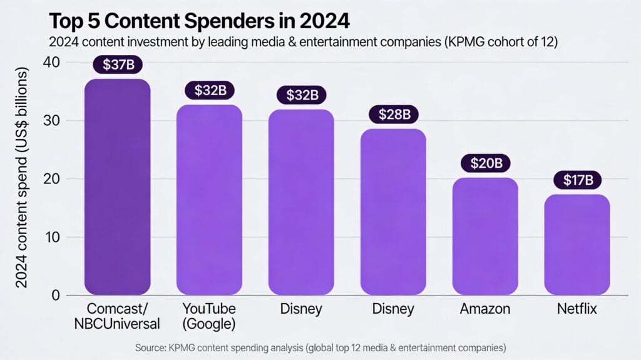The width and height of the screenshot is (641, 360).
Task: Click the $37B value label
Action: pos(117,64)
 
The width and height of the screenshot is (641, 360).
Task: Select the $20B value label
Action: pos(485,163)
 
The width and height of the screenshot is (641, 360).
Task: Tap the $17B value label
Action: pos(577,180)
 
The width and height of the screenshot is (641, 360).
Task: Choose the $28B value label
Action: pos(393,114)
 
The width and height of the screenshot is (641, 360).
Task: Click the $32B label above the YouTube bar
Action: pos(209,90)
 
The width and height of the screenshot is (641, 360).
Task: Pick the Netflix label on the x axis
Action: pos(577,309)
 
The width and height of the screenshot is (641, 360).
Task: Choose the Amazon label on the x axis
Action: pos(485,309)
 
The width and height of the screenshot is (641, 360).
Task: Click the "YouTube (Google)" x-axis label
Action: pos(209,316)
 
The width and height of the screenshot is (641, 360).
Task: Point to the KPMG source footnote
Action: pos(320,347)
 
